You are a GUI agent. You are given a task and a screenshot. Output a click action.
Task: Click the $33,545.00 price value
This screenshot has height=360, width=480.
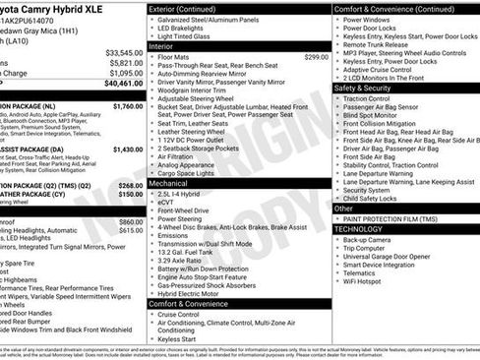click(124, 52)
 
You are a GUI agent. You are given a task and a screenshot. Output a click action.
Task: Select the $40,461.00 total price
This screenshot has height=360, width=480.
click(124, 84)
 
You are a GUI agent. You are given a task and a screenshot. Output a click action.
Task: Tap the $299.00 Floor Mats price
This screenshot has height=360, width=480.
click(316, 57)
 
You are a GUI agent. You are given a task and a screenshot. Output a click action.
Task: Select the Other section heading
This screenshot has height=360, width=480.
click(345, 208)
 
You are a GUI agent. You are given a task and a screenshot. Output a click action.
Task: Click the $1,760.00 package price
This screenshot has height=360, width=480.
click(128, 105)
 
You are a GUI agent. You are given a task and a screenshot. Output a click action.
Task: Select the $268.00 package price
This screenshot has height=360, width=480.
click(131, 185)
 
